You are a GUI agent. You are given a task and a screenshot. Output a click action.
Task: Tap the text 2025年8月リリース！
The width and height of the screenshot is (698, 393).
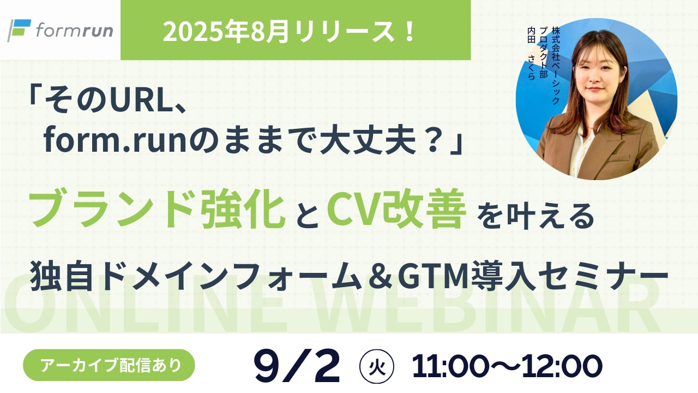click(290, 32)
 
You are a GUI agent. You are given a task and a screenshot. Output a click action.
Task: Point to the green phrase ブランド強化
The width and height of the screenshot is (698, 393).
click(159, 212)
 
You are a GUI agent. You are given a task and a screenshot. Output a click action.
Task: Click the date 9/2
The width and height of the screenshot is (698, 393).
click(297, 365)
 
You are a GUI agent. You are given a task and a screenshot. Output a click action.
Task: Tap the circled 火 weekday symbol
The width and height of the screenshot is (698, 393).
click(374, 365)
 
